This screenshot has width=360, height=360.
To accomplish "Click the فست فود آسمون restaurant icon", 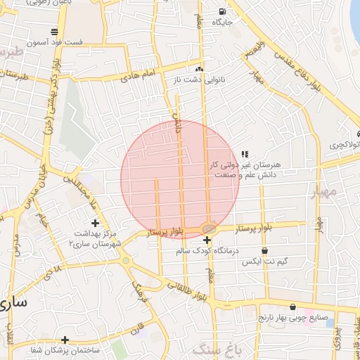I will point(55,32).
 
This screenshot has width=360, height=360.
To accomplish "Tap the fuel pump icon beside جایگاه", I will point(223,11).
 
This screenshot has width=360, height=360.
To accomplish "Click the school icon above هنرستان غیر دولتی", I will point(245,154).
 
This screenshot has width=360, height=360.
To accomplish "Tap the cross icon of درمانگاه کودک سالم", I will point(207,240).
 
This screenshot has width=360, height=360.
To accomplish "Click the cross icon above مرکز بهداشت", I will point(95,223).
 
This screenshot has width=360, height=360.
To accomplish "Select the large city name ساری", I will point(13,303).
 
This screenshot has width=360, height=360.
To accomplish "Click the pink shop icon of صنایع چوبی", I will point(310,308).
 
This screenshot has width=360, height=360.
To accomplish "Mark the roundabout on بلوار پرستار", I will point(209,228).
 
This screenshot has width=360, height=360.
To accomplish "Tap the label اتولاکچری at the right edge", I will point(345,145).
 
